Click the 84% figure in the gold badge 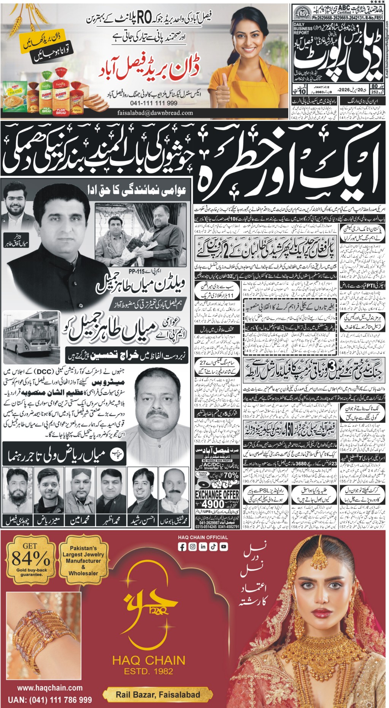(x=31, y=559)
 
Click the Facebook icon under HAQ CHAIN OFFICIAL (x=182, y=547)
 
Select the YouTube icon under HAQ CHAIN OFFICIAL (x=224, y=547)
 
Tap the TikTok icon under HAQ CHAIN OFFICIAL (x=213, y=547)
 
